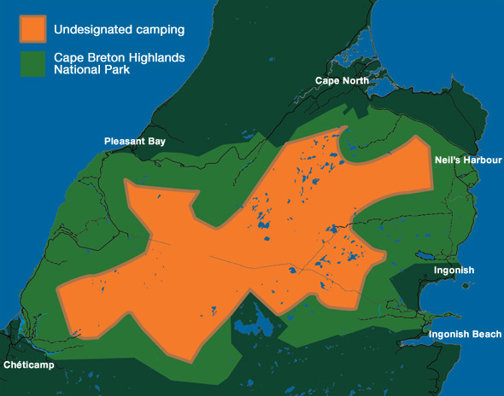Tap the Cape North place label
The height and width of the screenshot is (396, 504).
pos(342,80)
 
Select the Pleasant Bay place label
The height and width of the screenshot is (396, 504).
pos(134,140)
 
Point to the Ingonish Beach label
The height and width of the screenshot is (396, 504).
pos(465,335)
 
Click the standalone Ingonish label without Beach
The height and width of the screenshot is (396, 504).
pos(454,271)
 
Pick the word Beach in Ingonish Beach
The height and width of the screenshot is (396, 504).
pos(487,335)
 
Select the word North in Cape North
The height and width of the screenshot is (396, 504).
pos(355,80)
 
